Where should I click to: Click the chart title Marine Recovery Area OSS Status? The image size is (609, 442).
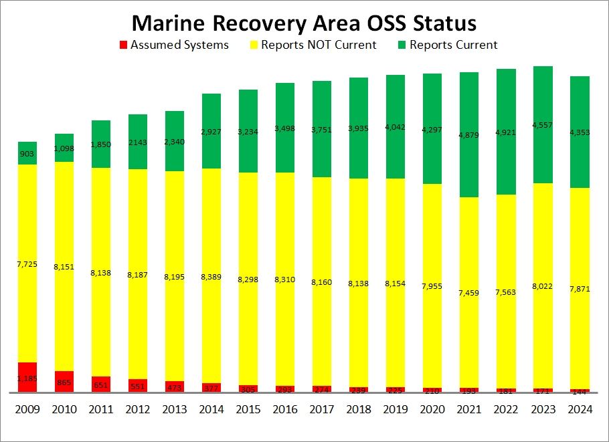tap(304, 23)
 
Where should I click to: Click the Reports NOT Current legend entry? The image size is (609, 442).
tap(313, 45)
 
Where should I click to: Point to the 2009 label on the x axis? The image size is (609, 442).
tap(27, 409)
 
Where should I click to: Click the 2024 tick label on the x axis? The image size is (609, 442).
tap(579, 409)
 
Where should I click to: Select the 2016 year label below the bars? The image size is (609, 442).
tap(285, 409)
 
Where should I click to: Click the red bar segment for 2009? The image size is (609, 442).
tap(27, 377)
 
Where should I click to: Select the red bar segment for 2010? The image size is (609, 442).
tap(64, 381)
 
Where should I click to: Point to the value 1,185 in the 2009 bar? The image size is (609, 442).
tap(27, 379)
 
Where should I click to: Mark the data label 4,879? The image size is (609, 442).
tap(468, 135)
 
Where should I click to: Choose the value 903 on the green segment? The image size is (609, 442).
tap(27, 154)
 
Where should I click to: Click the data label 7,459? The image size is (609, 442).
tap(468, 292)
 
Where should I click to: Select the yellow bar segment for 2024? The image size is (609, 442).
tap(579, 288)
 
